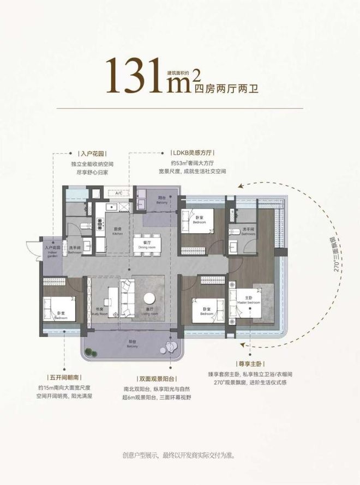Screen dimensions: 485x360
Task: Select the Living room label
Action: [x=149, y=312]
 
